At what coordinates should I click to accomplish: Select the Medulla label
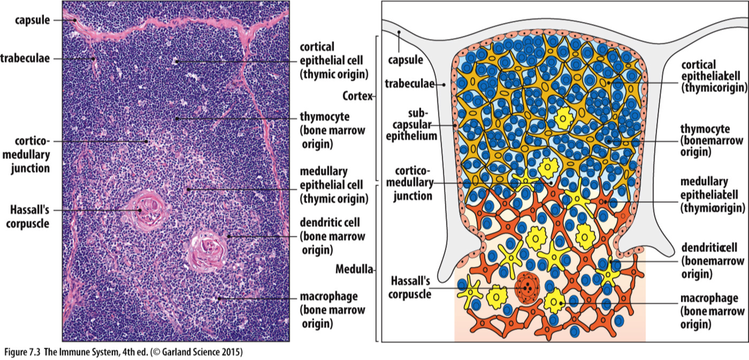354,269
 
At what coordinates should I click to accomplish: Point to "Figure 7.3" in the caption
25,353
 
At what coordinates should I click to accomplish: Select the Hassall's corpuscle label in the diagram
410,288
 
